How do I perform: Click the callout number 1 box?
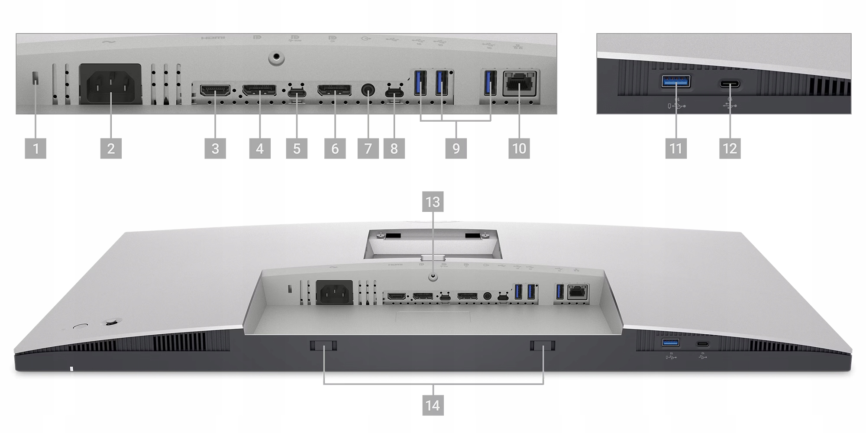coord(36,149)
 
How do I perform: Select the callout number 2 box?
coord(111,149)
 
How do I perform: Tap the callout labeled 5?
coord(297,149)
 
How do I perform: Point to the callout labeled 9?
coord(456,149)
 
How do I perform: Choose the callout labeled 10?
coord(519,149)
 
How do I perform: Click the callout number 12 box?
coord(730,149)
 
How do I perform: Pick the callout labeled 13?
coord(433,202)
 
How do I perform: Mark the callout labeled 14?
coord(433,405)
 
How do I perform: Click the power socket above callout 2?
coord(110,84)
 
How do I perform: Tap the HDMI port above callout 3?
coord(215,91)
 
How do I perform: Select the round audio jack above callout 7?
coord(368,91)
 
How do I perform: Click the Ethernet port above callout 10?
coord(520,83)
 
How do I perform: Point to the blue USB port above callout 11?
coord(676,81)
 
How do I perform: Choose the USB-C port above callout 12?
coord(730,84)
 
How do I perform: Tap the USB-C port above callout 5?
coord(297,93)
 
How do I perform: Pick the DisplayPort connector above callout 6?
coord(335,91)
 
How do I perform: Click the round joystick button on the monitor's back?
coord(112,322)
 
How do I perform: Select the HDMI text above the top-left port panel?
coord(213,38)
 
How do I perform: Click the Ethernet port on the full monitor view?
coord(577,292)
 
